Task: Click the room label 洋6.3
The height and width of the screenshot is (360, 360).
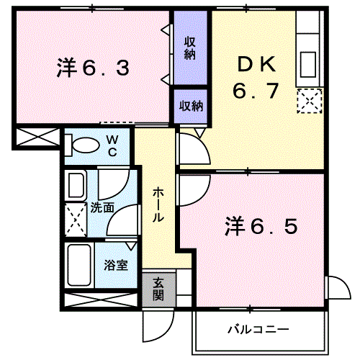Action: tap(93, 68)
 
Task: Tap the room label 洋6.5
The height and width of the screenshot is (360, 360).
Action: tap(261, 226)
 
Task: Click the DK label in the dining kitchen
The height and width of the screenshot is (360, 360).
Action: tap(256, 64)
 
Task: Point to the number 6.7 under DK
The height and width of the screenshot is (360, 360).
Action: tap(256, 91)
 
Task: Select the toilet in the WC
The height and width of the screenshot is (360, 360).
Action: tap(82, 145)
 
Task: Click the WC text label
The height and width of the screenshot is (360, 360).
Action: tap(112, 145)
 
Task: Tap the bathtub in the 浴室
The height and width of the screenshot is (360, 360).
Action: tap(79, 264)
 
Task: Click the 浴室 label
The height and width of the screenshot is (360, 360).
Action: tap(116, 265)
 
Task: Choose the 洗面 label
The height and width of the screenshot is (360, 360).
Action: tap(102, 207)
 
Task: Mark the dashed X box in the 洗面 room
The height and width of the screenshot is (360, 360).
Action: tap(76, 220)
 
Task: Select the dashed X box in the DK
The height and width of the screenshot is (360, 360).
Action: tap(310, 101)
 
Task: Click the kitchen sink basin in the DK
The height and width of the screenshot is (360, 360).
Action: tap(307, 65)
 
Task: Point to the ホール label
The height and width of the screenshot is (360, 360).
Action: tap(158, 204)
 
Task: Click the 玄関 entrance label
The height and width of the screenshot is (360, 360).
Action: tap(158, 289)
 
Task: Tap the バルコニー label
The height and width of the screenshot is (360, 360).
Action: tap(258, 329)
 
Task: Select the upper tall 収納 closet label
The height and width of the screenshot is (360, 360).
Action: tap(190, 48)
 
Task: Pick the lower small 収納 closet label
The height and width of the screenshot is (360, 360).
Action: tap(192, 106)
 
